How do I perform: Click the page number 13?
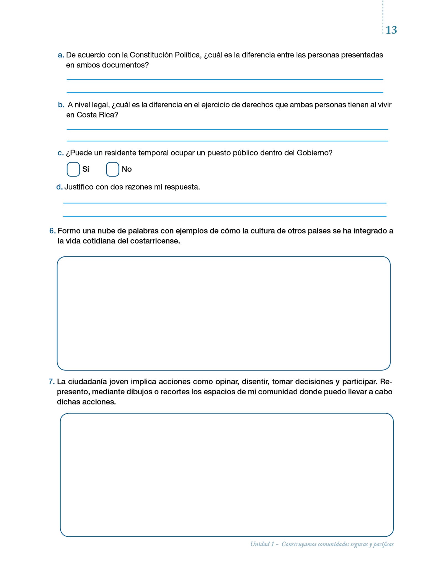click(x=391, y=30)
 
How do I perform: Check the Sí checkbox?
click(x=73, y=169)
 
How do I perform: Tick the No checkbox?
click(x=112, y=169)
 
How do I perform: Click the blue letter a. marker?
click(x=61, y=55)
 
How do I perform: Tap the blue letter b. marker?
click(x=61, y=105)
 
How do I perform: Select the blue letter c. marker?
click(x=60, y=153)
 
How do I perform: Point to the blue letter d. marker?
click(x=59, y=187)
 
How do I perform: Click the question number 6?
click(x=52, y=231)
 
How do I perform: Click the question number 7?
click(x=52, y=382)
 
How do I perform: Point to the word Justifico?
click(x=79, y=187)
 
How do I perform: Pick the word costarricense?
click(x=155, y=241)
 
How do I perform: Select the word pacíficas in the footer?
click(x=383, y=544)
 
